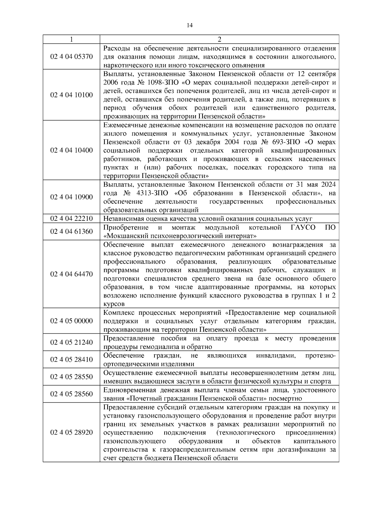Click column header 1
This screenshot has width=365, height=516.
point(71,40)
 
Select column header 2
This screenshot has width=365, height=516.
point(220,40)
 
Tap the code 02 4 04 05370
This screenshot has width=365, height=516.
point(71,57)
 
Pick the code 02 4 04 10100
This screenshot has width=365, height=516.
point(71,95)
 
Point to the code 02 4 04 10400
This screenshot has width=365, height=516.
point(71,150)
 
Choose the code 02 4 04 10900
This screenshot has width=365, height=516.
point(71,197)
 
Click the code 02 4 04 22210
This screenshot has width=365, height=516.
point(71,218)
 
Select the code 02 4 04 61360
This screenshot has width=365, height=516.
point(71,232)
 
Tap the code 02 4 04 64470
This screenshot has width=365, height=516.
point(71,274)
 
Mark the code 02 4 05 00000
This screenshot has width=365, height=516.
point(71,321)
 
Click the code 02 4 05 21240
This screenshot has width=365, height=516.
point(71,342)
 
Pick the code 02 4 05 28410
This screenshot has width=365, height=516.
point(71,359)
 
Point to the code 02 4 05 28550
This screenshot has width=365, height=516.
point(71,377)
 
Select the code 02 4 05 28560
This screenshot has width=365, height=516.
point(71,394)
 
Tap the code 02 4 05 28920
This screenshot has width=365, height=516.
point(71,432)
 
